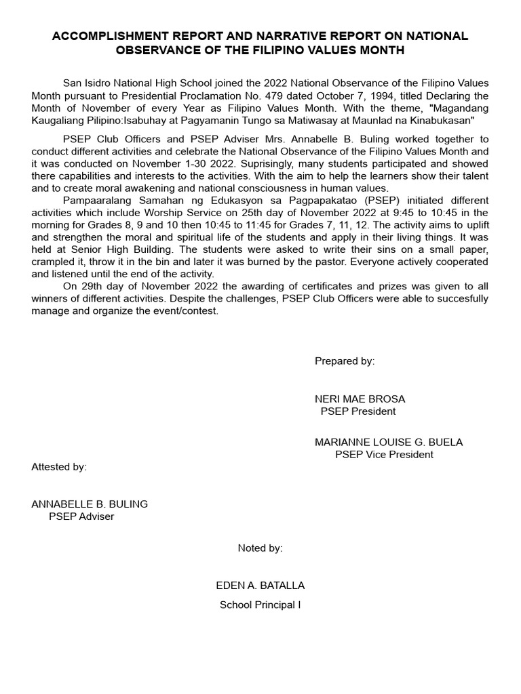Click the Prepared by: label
(344, 361)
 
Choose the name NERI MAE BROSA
(360, 399)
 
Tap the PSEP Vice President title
(384, 454)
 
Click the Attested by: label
(59, 467)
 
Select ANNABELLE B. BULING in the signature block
(90, 504)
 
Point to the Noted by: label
(260, 548)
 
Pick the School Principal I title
(260, 605)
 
